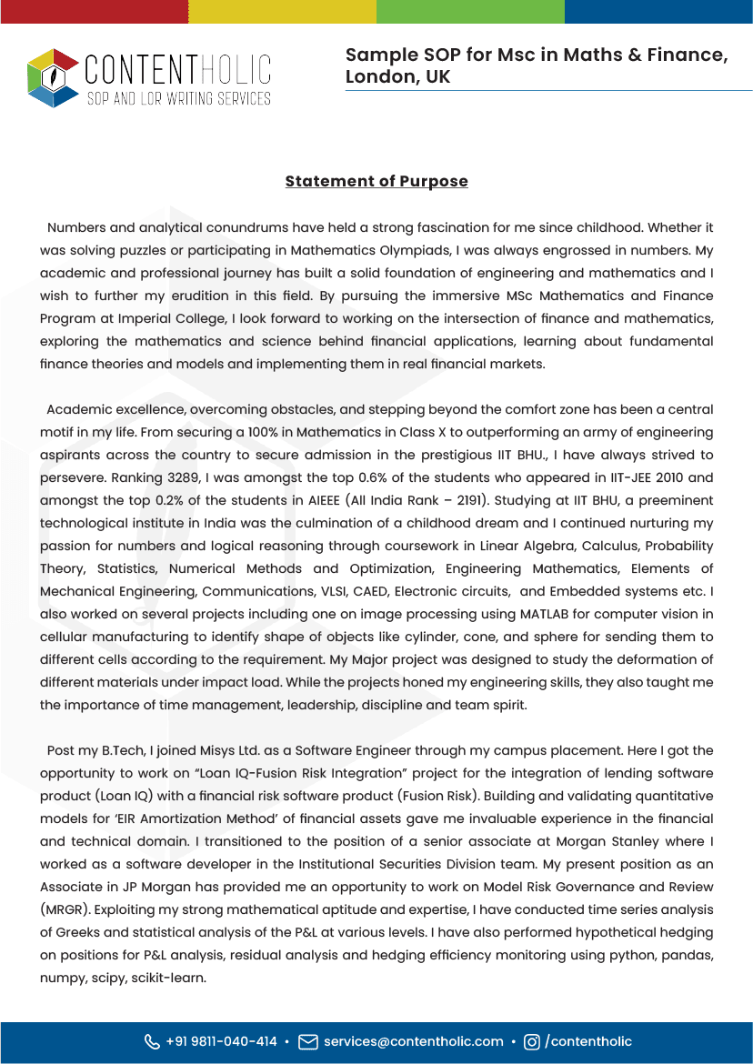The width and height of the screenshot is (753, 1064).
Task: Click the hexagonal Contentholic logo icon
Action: coord(53,77)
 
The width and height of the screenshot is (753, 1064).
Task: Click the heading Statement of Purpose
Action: coord(376,181)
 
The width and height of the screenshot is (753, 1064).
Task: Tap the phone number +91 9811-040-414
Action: coord(221,1041)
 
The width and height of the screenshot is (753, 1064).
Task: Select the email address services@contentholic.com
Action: coord(414,1041)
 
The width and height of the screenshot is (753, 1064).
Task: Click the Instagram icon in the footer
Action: coord(532,1041)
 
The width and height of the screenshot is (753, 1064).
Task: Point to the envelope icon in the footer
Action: coord(308,1041)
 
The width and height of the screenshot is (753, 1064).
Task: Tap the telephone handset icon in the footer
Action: coord(152,1041)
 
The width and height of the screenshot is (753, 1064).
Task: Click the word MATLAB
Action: coord(544,614)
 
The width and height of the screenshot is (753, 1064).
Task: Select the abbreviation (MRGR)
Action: coord(66,909)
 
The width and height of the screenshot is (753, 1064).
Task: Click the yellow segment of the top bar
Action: coord(282,11)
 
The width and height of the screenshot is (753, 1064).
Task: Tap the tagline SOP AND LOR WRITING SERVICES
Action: coord(178,97)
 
